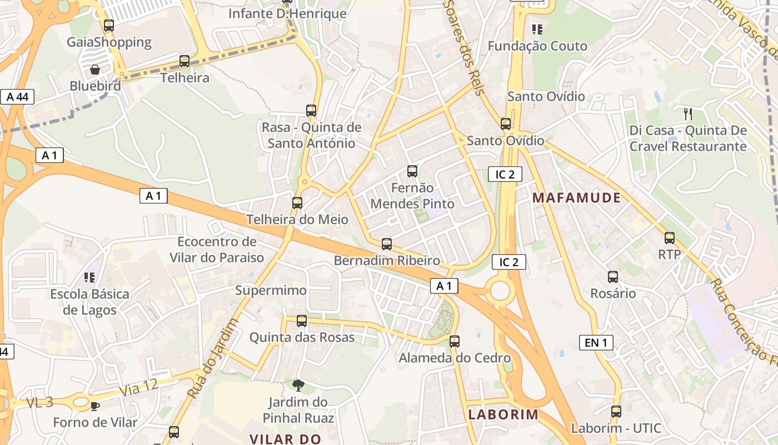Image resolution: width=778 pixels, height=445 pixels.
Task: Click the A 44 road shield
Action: coord(17,97)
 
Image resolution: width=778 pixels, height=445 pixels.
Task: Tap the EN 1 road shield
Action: coord(596,343)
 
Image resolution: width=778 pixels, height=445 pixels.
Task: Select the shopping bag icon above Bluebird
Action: coord(95,70)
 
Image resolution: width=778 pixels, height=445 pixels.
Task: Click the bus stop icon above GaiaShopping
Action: coord(109,26)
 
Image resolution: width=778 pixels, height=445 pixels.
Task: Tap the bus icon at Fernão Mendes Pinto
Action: coord(412,171)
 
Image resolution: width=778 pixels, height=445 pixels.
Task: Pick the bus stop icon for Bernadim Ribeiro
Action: coord(386,244)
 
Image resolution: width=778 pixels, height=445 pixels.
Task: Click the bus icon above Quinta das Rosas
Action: coord(301,321)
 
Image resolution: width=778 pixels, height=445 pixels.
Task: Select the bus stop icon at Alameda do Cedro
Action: coord(455,342)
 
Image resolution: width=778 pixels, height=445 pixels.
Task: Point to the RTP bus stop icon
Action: coord(669,239)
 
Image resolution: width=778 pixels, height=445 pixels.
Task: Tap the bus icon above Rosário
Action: coord(612,277)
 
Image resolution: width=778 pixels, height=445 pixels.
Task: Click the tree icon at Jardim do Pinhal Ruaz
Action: coord(298,385)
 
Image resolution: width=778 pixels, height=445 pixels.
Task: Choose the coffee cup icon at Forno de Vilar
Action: coord(94,406)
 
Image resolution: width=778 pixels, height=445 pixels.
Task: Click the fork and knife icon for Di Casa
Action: coord(688,114)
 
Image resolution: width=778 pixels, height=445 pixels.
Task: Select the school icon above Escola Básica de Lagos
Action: coord(89,277)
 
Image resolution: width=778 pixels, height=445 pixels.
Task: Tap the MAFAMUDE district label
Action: coord(576,197)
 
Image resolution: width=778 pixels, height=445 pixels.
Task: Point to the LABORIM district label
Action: coord(503,414)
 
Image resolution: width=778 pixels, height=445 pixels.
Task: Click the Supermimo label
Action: coord(271,290)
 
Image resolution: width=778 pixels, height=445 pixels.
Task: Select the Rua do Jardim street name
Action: coord(213,358)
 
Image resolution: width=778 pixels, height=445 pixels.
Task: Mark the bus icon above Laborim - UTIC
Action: coord(616,412)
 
